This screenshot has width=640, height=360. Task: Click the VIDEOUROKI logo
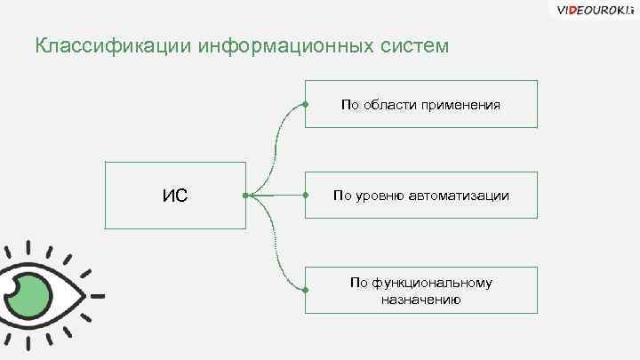click(x=592, y=10)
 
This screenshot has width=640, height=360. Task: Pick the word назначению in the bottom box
click(x=420, y=300)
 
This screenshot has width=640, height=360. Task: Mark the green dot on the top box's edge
click(x=305, y=105)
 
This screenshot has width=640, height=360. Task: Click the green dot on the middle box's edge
click(x=305, y=195)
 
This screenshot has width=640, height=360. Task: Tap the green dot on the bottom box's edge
click(x=305, y=290)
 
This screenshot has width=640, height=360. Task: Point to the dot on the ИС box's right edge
click(x=245, y=196)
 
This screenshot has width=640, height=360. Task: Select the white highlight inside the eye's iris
click(x=15, y=289)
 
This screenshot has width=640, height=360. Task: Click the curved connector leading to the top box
click(x=278, y=142)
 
